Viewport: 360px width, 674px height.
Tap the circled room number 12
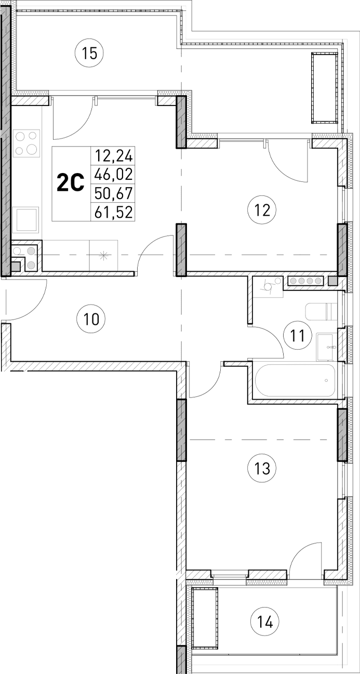pyautogui.click(x=262, y=210)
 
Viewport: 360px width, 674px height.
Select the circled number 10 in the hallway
pyautogui.click(x=91, y=318)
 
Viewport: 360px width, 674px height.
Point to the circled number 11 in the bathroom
pyautogui.click(x=297, y=335)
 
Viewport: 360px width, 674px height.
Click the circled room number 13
pyautogui.click(x=262, y=468)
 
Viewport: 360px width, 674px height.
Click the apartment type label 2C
pyautogui.click(x=70, y=183)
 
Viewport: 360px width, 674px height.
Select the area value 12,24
pyautogui.click(x=112, y=155)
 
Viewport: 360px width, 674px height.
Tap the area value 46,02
pyautogui.click(x=112, y=174)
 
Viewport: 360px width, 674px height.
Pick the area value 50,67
pyautogui.click(x=112, y=193)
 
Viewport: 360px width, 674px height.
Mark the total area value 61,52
pyautogui.click(x=112, y=212)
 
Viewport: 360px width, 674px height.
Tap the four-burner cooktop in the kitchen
pyautogui.click(x=26, y=143)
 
